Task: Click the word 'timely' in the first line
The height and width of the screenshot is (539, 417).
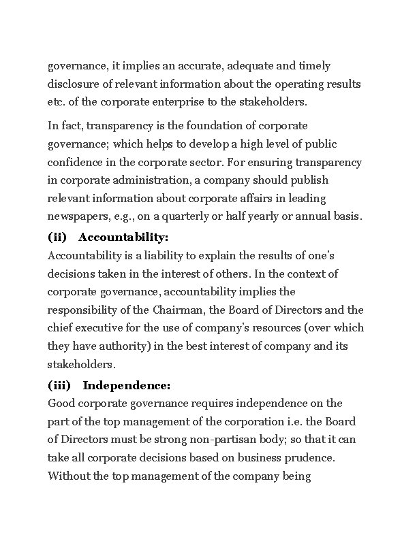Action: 313,66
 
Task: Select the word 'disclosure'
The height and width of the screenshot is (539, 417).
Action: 74,84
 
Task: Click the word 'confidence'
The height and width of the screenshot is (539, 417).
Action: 76,163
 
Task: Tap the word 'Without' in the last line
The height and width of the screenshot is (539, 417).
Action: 68,476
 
